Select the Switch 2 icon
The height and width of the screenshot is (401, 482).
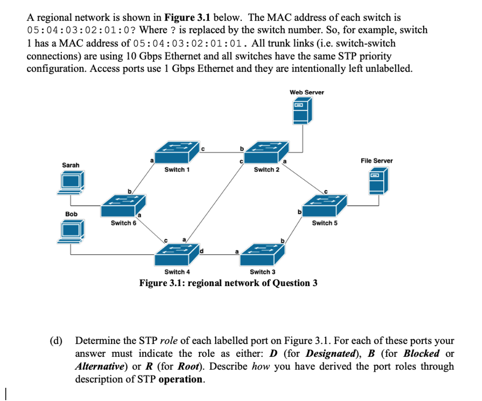point(266,152)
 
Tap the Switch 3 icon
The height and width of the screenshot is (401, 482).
point(262,254)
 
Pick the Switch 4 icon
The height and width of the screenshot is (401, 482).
point(177,254)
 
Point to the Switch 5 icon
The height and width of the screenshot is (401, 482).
point(325,205)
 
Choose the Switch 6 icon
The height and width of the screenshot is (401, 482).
point(123,205)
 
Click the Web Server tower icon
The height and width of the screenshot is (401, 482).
point(302,110)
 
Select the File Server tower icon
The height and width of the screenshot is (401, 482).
point(378,181)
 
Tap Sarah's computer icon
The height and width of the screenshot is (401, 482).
point(71,183)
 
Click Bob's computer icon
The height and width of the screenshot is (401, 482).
point(71,231)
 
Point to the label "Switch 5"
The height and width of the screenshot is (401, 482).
point(325,223)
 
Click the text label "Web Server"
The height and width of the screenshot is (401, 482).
point(307,92)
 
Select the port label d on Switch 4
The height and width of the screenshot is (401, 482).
point(202,251)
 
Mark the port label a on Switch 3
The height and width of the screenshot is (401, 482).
point(237,251)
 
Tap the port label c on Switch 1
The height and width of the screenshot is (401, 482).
point(203,149)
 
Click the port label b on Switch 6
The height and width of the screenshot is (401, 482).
point(130,192)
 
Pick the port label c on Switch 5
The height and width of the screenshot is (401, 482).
point(326,192)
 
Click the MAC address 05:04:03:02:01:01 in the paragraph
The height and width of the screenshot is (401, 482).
point(188,43)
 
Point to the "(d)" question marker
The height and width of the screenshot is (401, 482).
point(56,340)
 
